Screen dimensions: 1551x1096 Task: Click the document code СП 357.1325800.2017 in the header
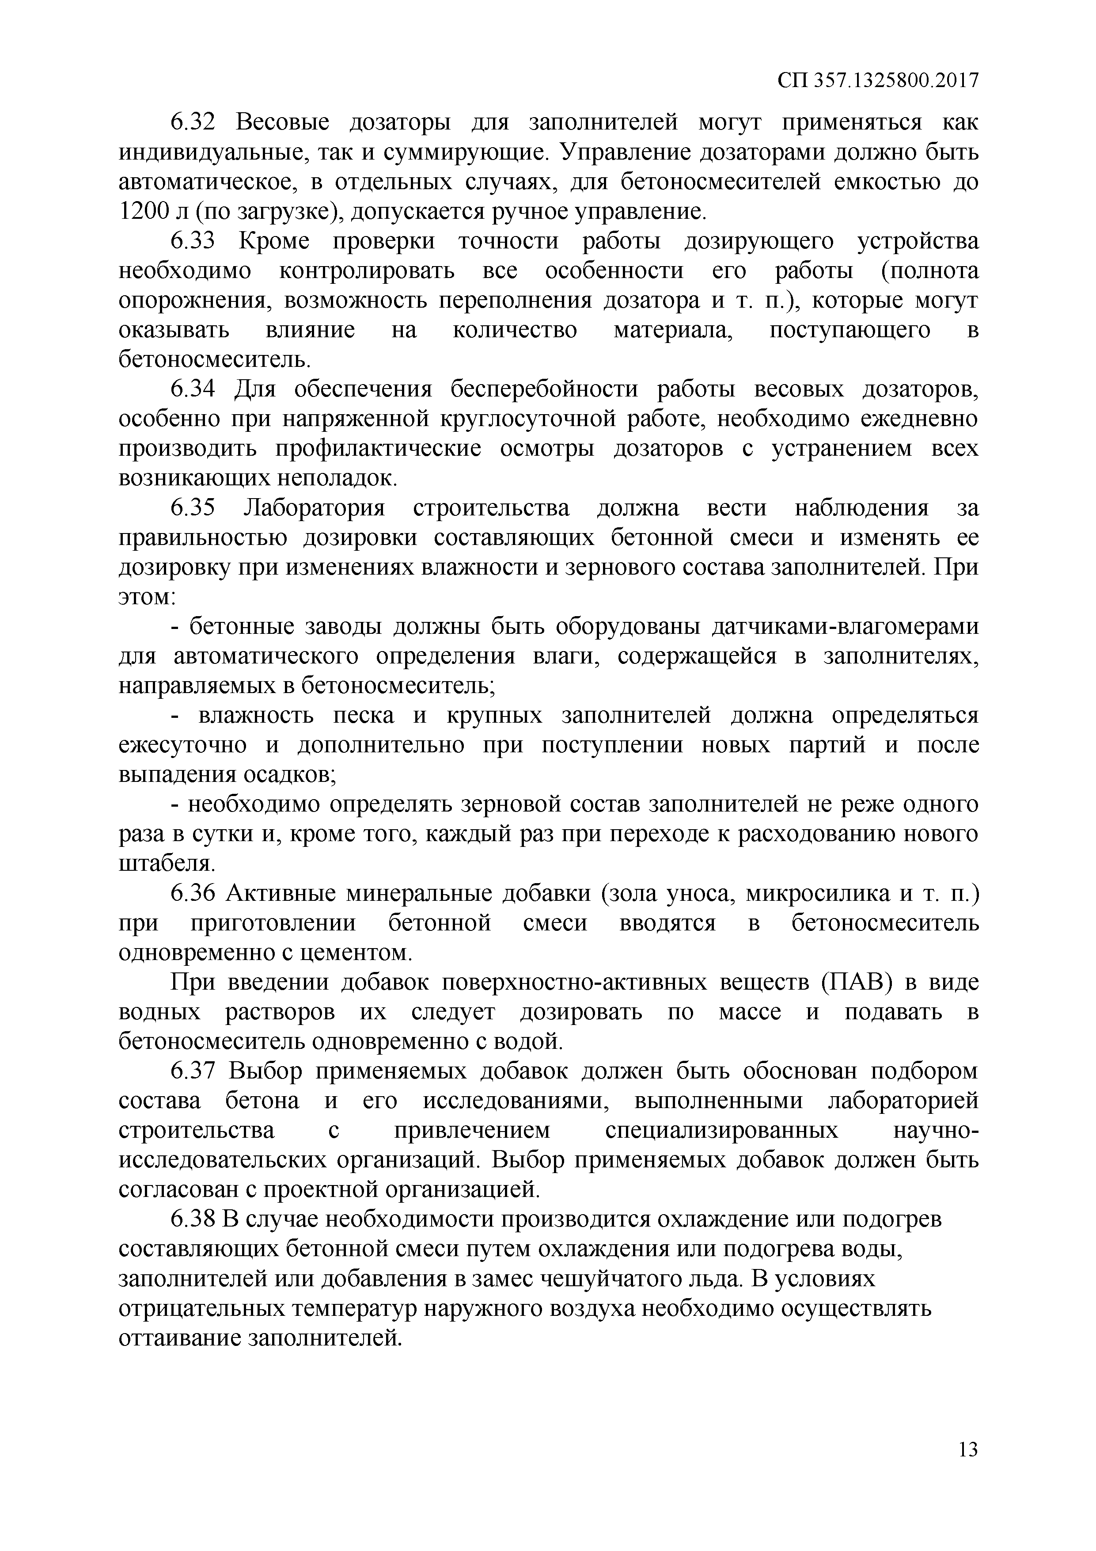(x=877, y=81)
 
